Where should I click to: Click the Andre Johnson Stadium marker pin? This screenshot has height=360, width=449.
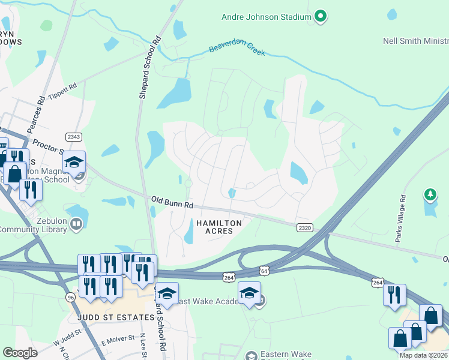point(321,16)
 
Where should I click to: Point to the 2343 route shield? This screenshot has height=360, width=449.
point(73,137)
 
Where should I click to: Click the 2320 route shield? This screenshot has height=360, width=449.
point(304,227)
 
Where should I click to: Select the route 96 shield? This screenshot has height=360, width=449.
point(70,298)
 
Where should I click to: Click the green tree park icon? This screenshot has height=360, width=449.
point(430,194)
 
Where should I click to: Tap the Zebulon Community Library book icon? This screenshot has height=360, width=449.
point(76,224)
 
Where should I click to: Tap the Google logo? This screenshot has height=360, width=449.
point(20,353)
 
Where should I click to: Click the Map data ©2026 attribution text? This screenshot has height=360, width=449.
point(424,355)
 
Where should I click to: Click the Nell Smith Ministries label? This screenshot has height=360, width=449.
point(415,41)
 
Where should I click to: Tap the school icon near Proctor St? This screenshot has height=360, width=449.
point(75,163)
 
